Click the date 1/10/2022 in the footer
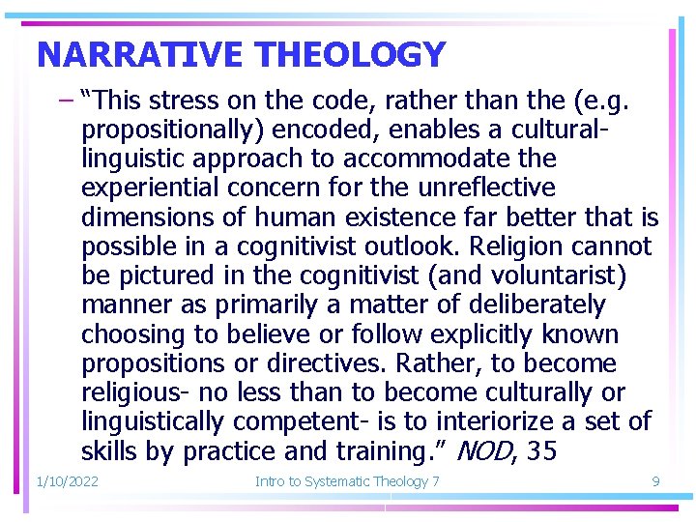point(67,481)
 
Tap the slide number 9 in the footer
point(655,481)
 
